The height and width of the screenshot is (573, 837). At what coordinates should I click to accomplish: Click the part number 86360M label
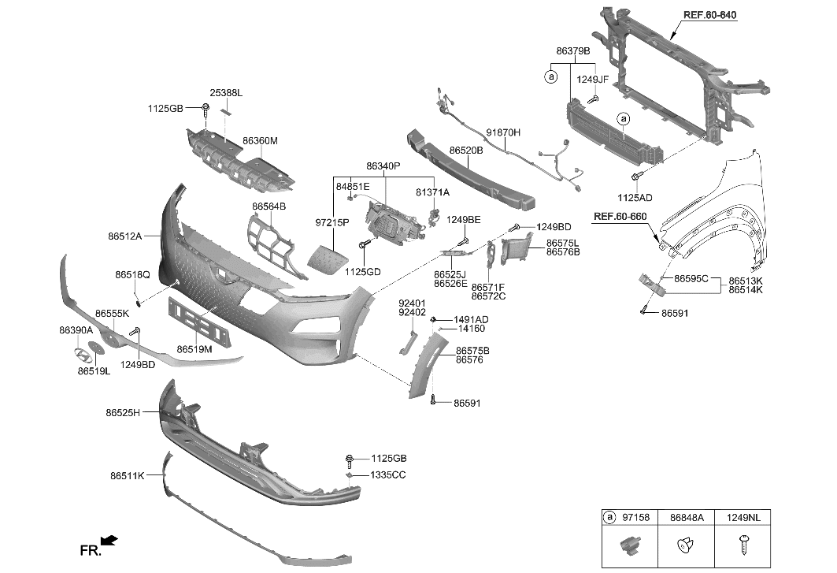click(x=260, y=141)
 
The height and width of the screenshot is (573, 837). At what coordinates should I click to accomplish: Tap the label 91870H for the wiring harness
click(x=503, y=132)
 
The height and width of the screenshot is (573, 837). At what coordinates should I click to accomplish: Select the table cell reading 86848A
click(x=687, y=518)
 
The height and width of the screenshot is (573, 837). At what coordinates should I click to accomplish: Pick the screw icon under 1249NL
click(x=743, y=544)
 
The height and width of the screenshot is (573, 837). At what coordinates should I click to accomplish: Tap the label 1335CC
click(x=388, y=476)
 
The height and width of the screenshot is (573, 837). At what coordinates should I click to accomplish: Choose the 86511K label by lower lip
click(x=127, y=476)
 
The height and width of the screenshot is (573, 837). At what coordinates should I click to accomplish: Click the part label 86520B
click(x=466, y=149)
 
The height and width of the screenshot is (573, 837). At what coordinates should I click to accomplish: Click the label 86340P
click(x=383, y=166)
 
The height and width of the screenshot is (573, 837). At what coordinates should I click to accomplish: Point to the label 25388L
click(x=226, y=93)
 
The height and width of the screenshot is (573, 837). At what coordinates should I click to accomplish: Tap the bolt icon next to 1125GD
click(x=364, y=247)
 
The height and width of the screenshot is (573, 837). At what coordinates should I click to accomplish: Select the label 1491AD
click(x=471, y=319)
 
